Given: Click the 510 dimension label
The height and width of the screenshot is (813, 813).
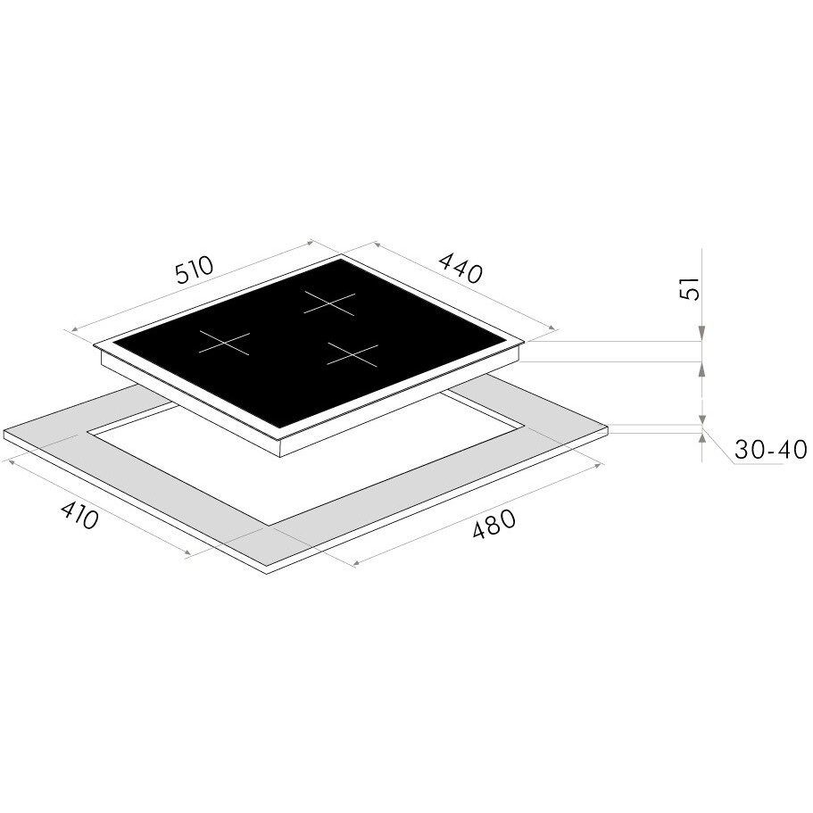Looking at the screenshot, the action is tap(195, 270).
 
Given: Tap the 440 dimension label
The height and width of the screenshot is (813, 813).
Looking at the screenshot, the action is tap(461, 268).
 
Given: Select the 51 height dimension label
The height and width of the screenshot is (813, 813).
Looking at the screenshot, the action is tap(690, 288).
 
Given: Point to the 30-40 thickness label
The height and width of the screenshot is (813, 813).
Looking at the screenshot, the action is tap(770, 449).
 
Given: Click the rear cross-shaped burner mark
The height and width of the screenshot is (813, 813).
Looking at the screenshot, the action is tap(329, 303).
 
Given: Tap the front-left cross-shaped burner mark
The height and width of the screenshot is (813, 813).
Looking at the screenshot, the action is tap(224, 344).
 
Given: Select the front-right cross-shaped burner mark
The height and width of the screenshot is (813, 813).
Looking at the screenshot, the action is tap(352, 355).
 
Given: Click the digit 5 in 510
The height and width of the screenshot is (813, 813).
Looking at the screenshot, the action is tap(182, 275).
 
